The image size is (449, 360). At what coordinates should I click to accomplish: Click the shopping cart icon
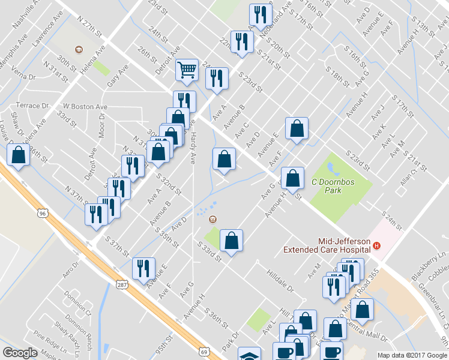click(187, 70)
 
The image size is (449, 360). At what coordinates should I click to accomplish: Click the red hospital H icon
click(376, 245)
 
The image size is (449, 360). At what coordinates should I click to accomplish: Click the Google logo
click(20, 353)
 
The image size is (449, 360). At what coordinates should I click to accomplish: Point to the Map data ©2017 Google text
click(411, 355)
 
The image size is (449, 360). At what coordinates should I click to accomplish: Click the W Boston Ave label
click(85, 107)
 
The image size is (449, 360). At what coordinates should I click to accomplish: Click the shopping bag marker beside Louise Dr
click(19, 155)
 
